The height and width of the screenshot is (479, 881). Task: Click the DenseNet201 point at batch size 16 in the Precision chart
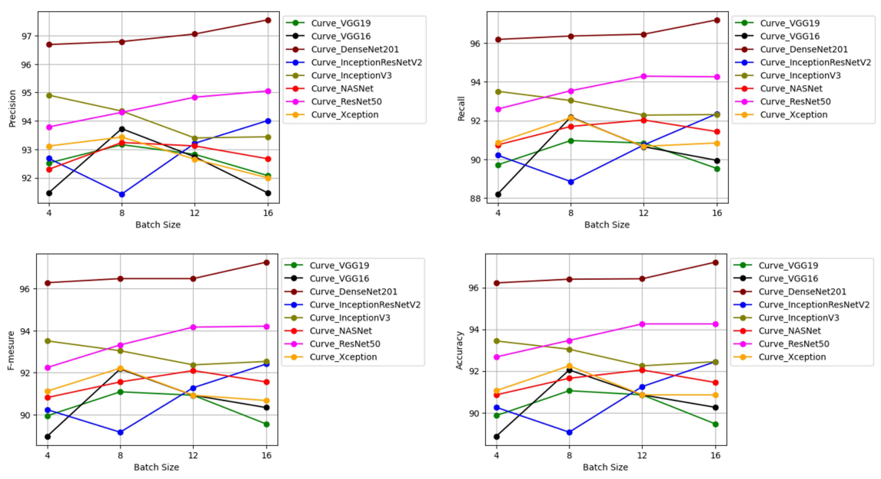pos(268,20)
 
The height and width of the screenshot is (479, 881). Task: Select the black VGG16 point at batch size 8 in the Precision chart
pos(122,129)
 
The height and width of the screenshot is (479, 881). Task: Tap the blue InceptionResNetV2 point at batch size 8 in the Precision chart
pos(122,194)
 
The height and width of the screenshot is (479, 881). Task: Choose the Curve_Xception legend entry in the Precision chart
pos(344,115)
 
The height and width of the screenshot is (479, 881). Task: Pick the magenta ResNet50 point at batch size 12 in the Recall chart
pos(644,76)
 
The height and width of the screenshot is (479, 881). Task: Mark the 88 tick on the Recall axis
pos(475,198)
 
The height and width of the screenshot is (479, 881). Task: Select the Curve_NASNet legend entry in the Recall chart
pos(791,89)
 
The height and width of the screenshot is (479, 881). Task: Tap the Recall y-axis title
pos(461,109)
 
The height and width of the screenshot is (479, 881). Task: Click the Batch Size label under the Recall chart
pos(607,225)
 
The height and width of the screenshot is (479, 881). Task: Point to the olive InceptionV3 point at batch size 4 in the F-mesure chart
pos(48,341)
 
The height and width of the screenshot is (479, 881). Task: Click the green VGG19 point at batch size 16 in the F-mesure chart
pos(266,424)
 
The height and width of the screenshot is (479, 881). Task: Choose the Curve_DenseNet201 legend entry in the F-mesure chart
pos(353,292)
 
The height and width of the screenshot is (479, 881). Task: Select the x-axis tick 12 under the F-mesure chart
pos(193,455)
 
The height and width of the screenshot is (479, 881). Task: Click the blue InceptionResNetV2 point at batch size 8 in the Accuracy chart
pos(569,432)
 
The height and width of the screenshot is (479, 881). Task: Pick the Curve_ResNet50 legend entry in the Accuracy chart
pos(794,344)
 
